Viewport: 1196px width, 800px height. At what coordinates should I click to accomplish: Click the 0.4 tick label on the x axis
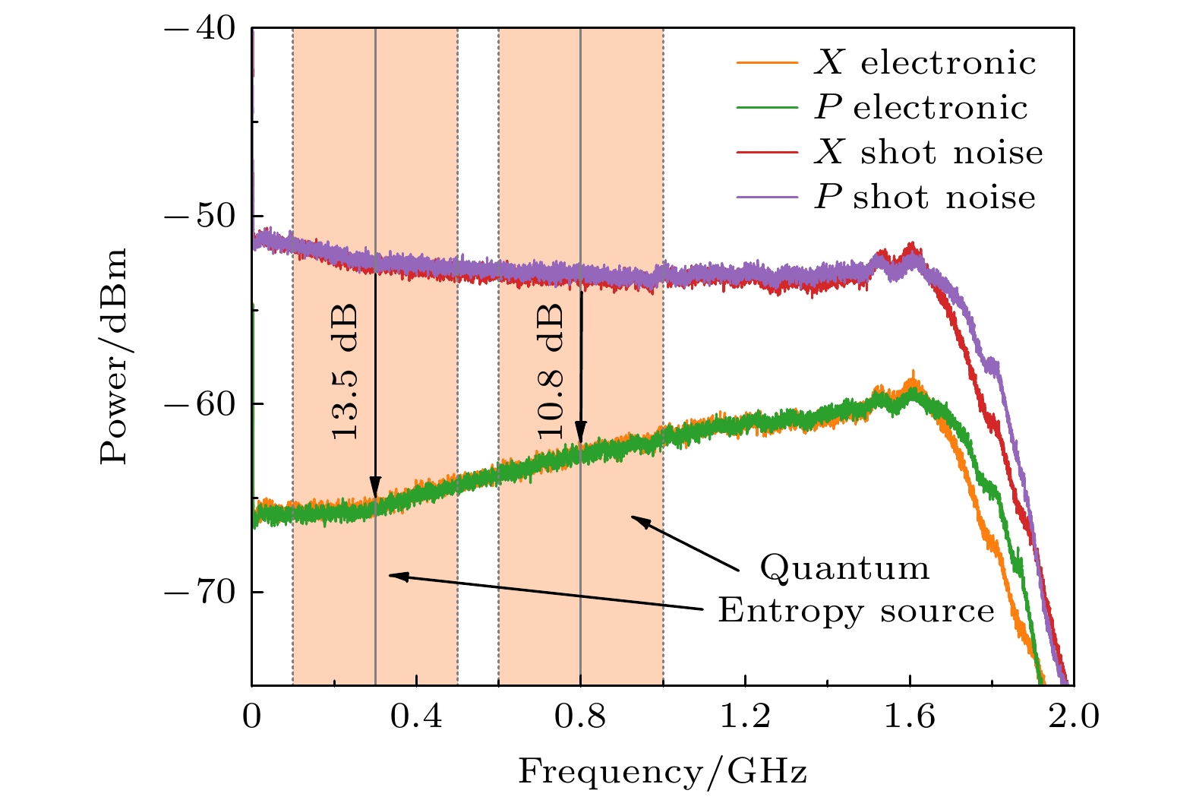click(416, 716)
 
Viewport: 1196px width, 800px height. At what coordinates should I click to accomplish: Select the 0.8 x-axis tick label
click(580, 716)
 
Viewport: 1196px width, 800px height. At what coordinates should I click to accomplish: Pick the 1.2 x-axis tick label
click(745, 716)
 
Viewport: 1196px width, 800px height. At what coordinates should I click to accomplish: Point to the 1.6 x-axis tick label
click(910, 716)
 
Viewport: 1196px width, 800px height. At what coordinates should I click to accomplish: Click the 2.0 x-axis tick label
click(1074, 716)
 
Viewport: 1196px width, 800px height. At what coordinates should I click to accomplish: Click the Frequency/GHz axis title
click(662, 773)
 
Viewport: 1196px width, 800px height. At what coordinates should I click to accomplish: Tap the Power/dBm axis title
click(114, 356)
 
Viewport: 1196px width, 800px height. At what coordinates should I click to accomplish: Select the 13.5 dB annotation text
click(344, 372)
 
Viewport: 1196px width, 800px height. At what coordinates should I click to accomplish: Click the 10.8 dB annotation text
click(550, 371)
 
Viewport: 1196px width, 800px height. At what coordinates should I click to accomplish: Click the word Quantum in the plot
click(844, 568)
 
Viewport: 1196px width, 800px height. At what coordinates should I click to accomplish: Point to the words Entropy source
click(856, 610)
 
